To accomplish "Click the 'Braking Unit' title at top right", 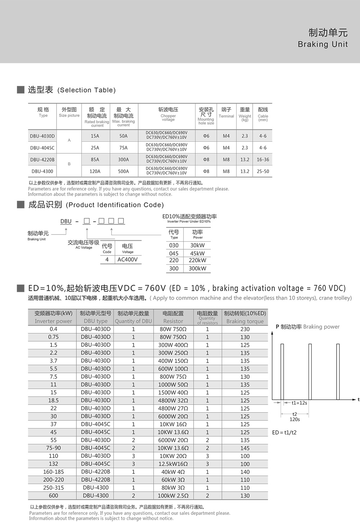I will tap(323, 44).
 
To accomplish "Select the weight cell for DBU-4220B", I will tap(245, 160).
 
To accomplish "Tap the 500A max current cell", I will tap(123, 172).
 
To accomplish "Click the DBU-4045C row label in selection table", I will tap(42, 148).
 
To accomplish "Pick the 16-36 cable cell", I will tap(263, 160).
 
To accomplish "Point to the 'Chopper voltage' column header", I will tap(168, 114).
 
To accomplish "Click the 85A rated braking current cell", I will tap(95, 160).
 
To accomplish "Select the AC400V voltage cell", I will tap(127, 259).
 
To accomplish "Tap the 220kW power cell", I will tap(197, 260).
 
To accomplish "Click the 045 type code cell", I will tap(174, 253).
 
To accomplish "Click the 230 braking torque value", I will tap(245, 329).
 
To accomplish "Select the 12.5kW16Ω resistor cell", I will tap(173, 464).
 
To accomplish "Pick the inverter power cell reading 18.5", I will tap(53, 400).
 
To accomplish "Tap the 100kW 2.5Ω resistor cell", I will tap(173, 496).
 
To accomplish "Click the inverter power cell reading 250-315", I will tap(53, 488).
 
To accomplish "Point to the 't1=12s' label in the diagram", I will tap(299, 403).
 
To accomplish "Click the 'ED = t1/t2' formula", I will tap(284, 432).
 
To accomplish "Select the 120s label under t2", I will tap(294, 419).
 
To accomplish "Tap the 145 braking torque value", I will tap(245, 448).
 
